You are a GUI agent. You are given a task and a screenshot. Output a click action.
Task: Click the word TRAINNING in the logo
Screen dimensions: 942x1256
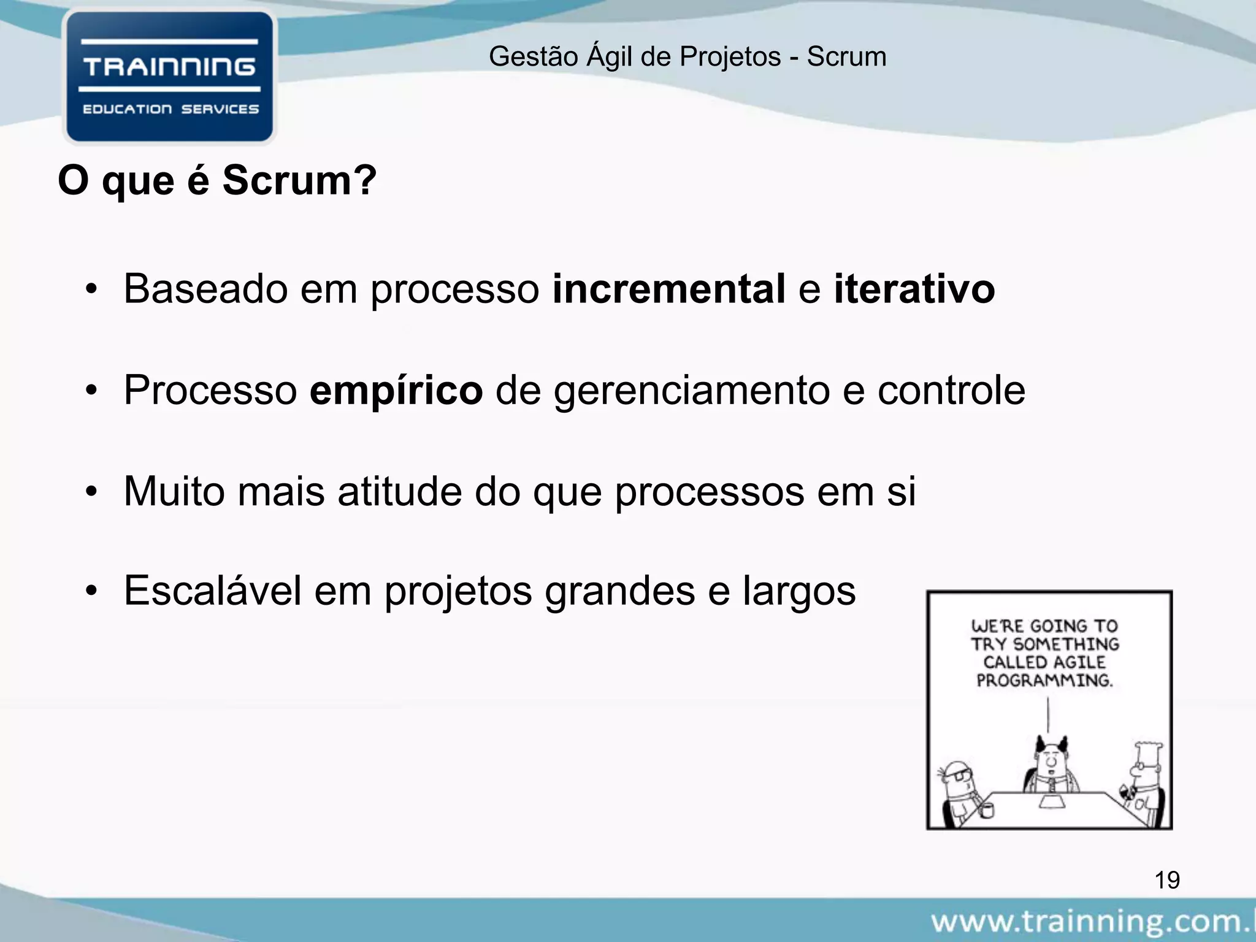tap(169, 67)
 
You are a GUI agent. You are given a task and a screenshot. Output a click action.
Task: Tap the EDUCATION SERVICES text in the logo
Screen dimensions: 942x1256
tap(170, 109)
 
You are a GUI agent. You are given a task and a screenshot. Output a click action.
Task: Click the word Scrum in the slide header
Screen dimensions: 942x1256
tap(846, 56)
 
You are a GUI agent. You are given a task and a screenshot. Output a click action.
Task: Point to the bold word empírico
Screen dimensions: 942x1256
tap(396, 390)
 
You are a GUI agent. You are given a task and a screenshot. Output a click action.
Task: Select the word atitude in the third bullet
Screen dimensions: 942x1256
tap(399, 491)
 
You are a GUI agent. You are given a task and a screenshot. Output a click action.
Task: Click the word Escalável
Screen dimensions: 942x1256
tap(213, 591)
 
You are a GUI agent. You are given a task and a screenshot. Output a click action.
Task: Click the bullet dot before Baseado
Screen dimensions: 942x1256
tap(92, 289)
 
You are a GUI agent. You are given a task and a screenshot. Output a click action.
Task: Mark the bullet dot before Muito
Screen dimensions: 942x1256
tap(92, 492)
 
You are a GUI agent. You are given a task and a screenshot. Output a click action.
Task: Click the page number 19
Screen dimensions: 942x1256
tap(1167, 880)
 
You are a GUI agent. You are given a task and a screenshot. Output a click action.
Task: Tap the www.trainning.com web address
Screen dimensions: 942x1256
tap(1092, 922)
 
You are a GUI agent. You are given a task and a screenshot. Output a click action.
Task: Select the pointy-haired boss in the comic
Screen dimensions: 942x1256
tap(1051, 767)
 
